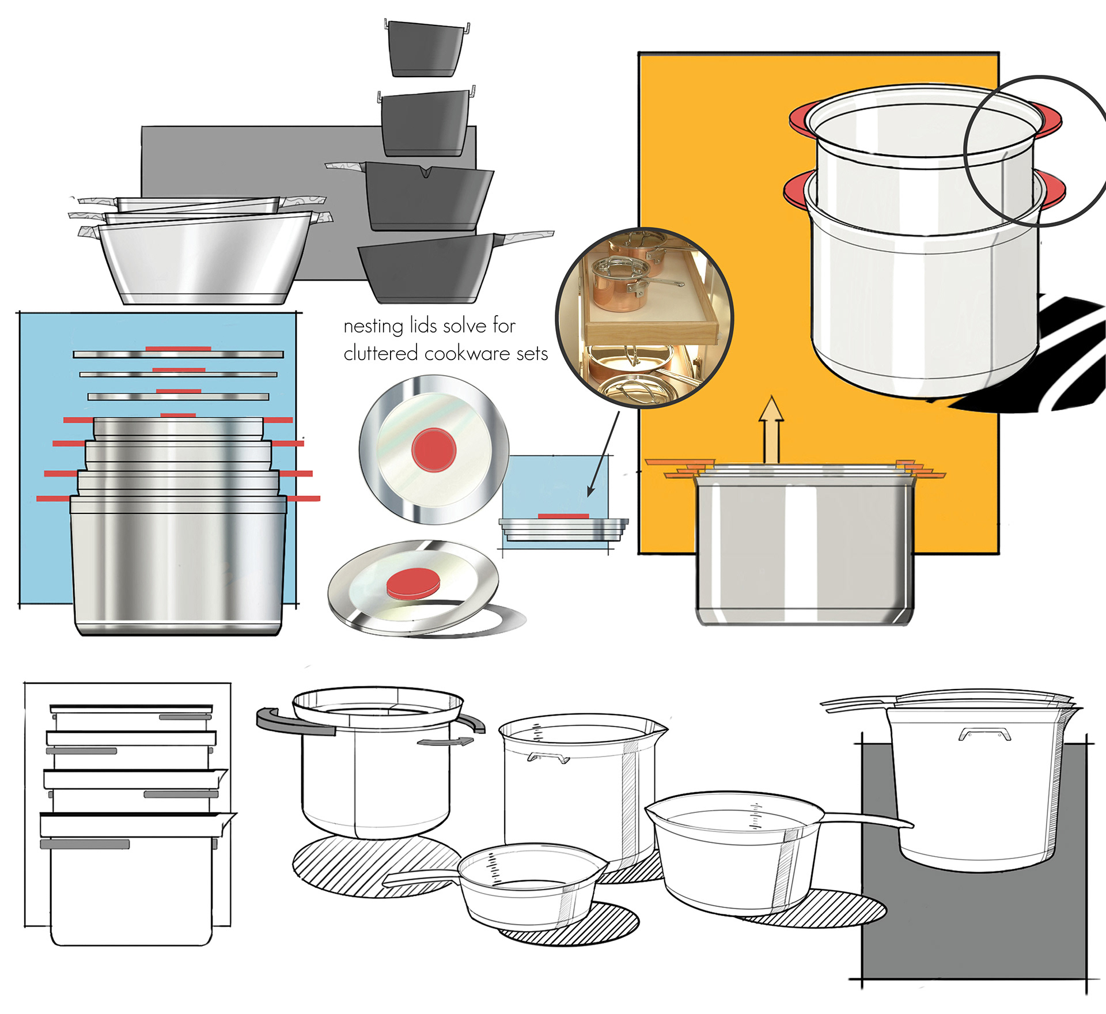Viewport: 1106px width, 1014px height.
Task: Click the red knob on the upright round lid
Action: [434, 449]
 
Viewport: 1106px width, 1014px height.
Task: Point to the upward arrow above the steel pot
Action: [771, 429]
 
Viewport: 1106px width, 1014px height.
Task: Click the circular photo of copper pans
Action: [644, 317]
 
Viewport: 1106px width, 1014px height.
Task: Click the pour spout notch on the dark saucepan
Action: [426, 172]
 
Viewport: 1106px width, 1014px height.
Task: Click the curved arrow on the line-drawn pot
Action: [445, 741]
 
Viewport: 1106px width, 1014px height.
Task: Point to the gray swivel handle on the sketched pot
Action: [294, 722]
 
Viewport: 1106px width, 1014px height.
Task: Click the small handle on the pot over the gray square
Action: [984, 733]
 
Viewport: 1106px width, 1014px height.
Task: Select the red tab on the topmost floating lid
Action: [177, 349]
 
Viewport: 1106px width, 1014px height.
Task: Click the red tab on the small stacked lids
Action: [563, 516]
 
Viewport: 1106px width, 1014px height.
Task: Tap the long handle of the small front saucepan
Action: [421, 876]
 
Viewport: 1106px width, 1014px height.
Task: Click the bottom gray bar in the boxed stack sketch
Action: [85, 844]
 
